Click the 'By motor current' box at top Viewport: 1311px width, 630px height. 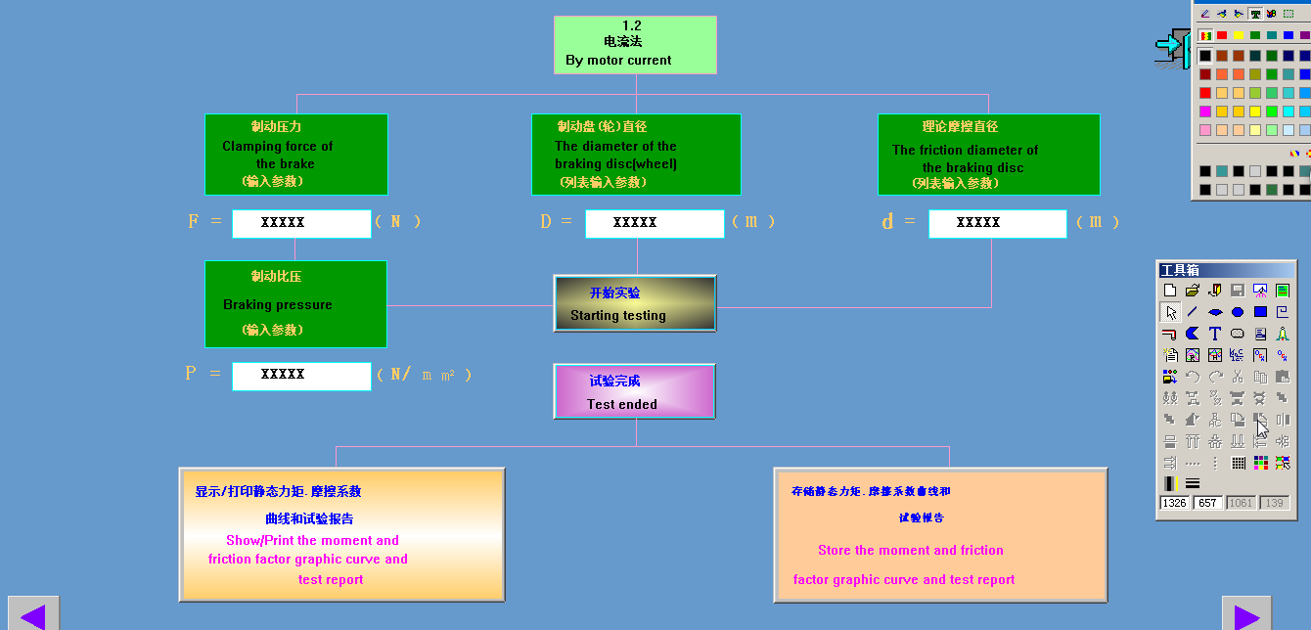(x=635, y=45)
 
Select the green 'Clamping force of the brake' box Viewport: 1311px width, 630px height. (x=295, y=155)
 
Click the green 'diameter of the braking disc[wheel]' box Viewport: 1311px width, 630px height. (x=636, y=155)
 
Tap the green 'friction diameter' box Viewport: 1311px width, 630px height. (x=988, y=155)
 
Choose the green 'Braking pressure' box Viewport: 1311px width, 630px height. (x=295, y=303)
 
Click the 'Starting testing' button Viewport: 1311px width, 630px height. (x=635, y=303)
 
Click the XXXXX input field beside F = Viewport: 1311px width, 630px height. (x=301, y=223)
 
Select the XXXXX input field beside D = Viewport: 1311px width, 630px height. (x=655, y=223)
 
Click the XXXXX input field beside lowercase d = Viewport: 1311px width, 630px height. (x=997, y=223)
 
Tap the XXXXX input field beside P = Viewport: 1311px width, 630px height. (x=301, y=376)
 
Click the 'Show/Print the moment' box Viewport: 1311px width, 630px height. (x=341, y=534)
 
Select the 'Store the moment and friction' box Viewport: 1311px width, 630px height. (x=940, y=534)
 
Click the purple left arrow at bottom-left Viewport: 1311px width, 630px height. (x=33, y=616)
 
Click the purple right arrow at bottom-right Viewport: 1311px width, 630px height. (x=1246, y=616)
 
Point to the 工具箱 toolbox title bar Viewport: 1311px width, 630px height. (x=1226, y=270)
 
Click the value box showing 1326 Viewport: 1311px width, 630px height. (x=1174, y=503)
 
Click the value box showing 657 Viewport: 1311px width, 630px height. (x=1207, y=503)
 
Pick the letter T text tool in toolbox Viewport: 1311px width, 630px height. (x=1215, y=335)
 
